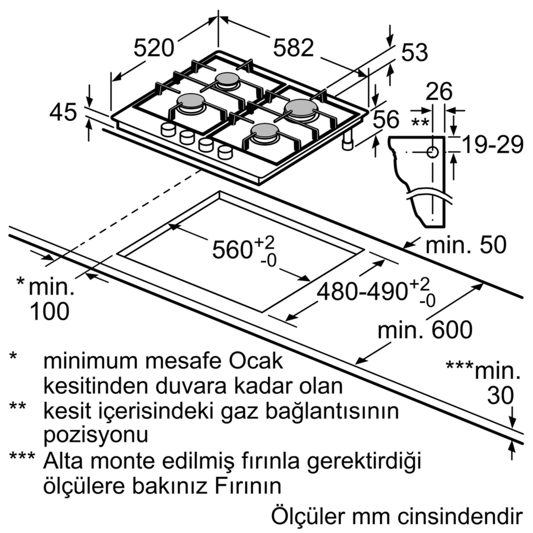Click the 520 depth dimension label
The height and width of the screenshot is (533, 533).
[x=154, y=48]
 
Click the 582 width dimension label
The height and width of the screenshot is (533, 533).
[x=293, y=48]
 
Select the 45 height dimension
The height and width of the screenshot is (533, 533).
[x=63, y=112]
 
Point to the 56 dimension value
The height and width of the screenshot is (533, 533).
[x=386, y=119]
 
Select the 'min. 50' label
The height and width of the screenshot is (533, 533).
[x=466, y=245]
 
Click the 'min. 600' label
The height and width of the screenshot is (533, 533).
[x=425, y=330]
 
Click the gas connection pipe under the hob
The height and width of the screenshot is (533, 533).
[x=348, y=142]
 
